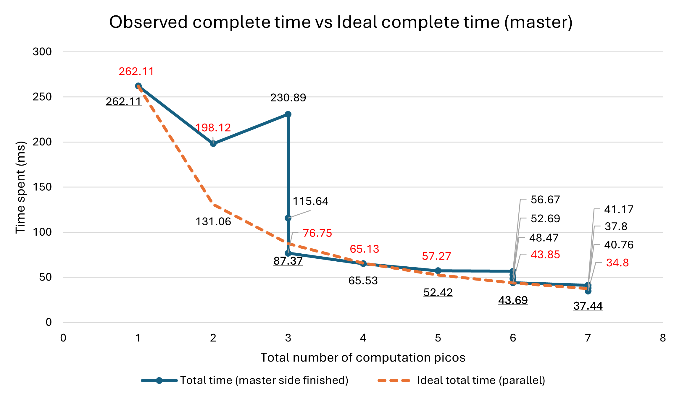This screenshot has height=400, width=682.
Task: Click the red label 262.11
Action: tap(136, 72)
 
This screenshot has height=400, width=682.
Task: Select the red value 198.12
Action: tap(213, 128)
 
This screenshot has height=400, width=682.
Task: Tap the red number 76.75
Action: tap(317, 233)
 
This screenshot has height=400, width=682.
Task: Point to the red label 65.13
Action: tap(364, 249)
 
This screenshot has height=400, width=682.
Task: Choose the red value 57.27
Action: tap(436, 256)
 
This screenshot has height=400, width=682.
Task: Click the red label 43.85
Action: tap(545, 255)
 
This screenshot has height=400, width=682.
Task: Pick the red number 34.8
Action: tap(617, 263)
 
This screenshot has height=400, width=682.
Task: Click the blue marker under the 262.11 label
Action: tap(138, 86)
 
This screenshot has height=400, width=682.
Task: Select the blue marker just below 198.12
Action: tap(213, 144)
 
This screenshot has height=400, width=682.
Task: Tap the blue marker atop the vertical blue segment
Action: tap(288, 114)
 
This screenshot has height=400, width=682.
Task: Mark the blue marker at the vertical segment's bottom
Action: tap(288, 253)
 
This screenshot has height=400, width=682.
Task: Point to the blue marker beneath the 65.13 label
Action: tap(363, 263)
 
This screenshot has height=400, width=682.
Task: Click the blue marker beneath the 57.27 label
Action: tap(438, 271)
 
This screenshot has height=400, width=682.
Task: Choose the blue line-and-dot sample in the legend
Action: tap(159, 380)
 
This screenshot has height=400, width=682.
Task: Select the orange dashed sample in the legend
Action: tap(394, 380)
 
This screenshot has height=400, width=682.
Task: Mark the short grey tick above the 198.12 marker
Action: tap(213, 139)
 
